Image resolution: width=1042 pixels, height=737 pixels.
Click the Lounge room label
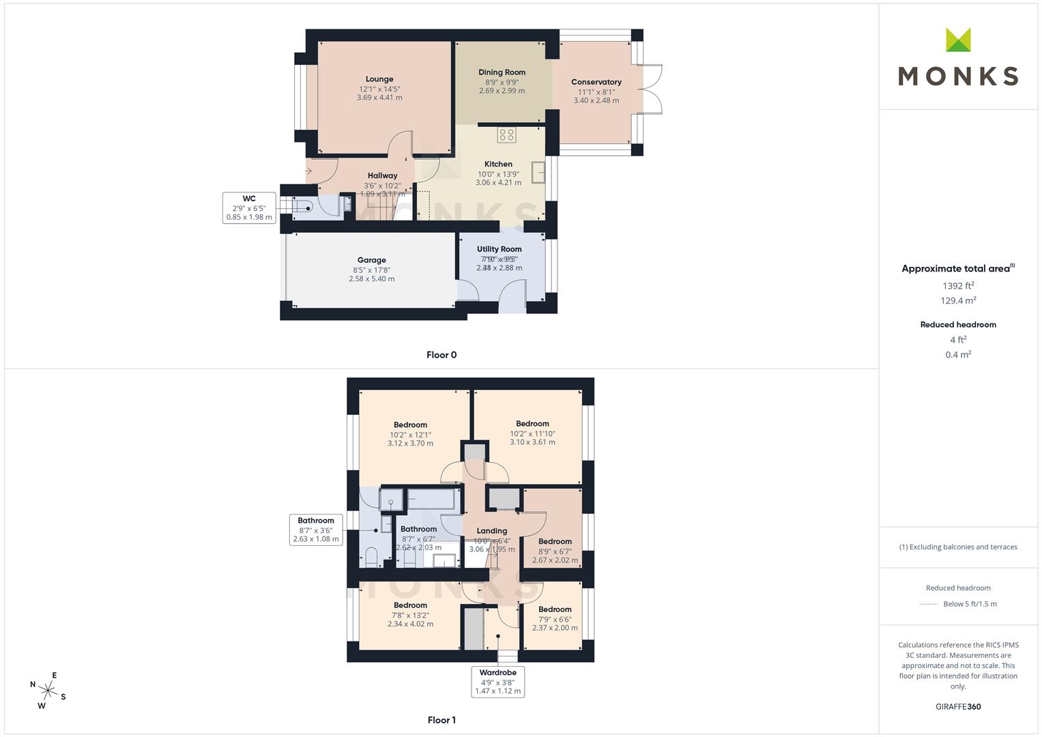click(379, 79)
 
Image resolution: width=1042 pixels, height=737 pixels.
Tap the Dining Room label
click(502, 72)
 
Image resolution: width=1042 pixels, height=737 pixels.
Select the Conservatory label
click(596, 82)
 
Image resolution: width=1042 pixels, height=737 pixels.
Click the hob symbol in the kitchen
click(506, 134)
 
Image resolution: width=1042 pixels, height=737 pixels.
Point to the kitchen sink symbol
click(538, 172)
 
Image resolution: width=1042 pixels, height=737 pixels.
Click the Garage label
click(371, 260)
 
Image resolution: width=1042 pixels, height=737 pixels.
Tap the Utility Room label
click(499, 249)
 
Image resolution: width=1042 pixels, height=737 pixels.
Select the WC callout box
click(249, 208)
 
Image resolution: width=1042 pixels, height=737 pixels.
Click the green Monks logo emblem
click(958, 40)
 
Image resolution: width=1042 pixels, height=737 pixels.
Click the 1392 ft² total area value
click(958, 286)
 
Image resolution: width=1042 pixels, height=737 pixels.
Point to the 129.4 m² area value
click(958, 301)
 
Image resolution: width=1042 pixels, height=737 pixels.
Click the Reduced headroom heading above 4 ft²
click(958, 325)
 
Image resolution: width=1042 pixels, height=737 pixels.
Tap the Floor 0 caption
click(442, 355)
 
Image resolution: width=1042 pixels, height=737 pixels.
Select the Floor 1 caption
click(442, 720)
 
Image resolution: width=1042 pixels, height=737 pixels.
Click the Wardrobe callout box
click(497, 682)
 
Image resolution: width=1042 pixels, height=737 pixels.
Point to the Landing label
click(491, 531)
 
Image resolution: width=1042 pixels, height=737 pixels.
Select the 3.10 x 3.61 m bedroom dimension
click(532, 442)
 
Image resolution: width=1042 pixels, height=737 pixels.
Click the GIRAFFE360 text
click(958, 707)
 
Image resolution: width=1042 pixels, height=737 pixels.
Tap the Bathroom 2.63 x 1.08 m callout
click(316, 530)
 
